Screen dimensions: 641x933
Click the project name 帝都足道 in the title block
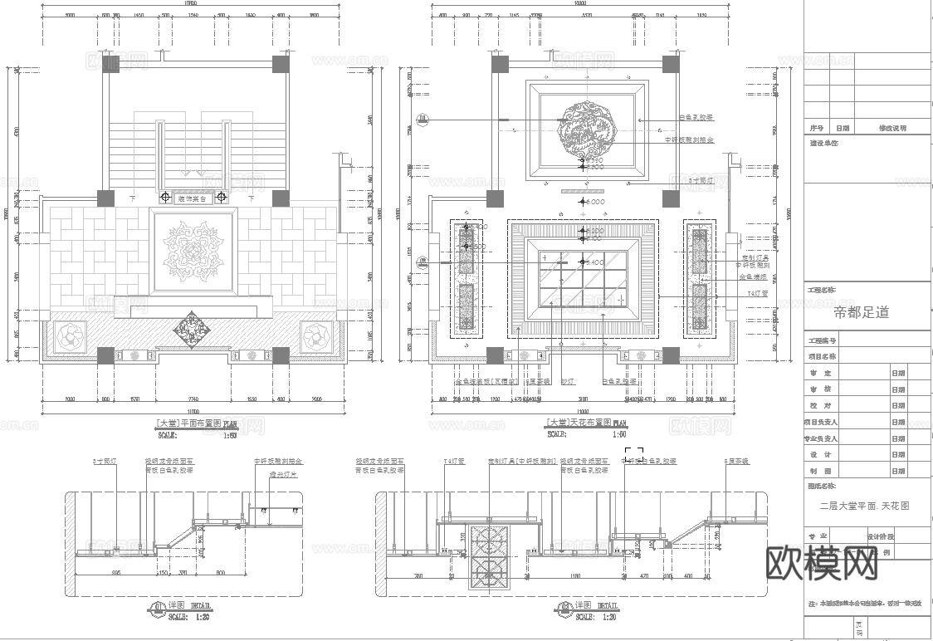pos(861,313)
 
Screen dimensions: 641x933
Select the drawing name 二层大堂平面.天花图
pos(864,506)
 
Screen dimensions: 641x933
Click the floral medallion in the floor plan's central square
pos(194,250)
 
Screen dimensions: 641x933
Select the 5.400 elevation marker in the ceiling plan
pos(594,262)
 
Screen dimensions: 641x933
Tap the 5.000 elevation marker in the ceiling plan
pos(594,202)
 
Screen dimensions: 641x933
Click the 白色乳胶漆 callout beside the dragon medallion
pos(696,119)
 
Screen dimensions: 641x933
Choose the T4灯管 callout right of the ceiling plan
pos(758,293)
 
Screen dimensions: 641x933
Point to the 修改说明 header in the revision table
pos(892,129)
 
